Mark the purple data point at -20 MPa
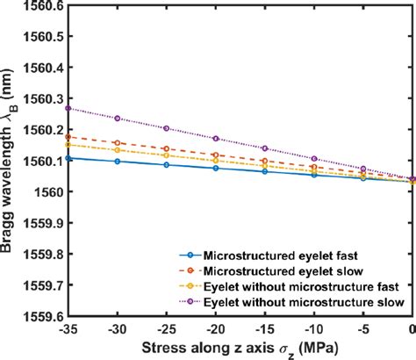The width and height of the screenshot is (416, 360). [216, 139]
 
